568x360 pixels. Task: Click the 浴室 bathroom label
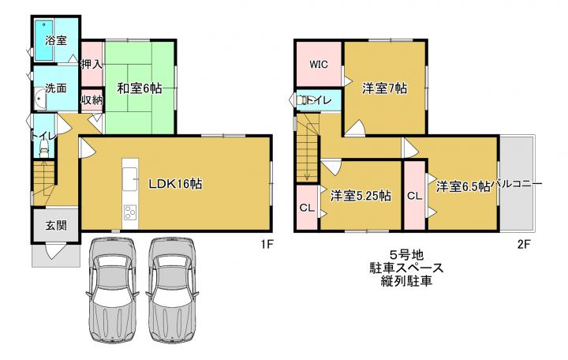[56, 40]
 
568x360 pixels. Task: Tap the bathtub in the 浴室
[44, 40]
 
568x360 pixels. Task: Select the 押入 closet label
[92, 65]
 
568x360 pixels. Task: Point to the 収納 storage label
[92, 99]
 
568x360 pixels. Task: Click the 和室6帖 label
[140, 88]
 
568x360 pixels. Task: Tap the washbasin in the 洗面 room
[40, 99]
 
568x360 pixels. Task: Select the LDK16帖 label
[176, 184]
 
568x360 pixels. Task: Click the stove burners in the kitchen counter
[129, 212]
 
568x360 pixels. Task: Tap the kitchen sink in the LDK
[129, 179]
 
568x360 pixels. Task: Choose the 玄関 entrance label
[56, 225]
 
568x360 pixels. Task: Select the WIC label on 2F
[319, 64]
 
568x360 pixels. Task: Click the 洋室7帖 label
[385, 88]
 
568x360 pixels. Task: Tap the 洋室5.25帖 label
[361, 196]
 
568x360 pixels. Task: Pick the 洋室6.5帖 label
[463, 186]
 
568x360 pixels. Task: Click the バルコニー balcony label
[517, 184]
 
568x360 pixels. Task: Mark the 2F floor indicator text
[524, 245]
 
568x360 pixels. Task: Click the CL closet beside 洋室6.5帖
[414, 196]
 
